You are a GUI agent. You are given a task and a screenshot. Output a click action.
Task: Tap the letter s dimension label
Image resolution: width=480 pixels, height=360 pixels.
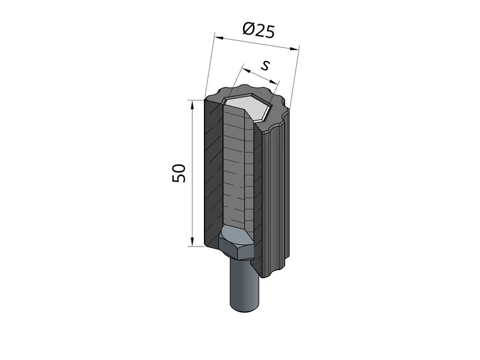(264, 65)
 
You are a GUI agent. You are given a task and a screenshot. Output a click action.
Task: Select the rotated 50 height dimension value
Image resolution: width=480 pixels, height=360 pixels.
(179, 173)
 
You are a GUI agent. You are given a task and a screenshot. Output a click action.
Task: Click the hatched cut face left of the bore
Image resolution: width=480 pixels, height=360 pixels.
(213, 173)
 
